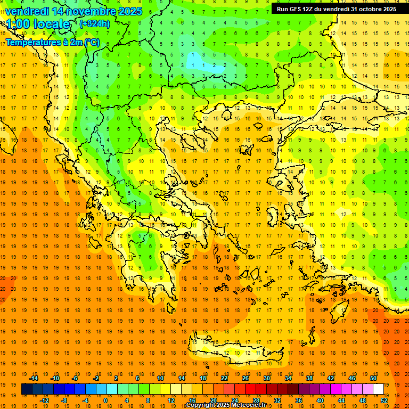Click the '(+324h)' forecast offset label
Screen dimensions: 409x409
click(95, 24)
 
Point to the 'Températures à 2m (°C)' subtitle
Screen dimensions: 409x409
click(52, 42)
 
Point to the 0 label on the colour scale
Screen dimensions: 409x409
click(105, 400)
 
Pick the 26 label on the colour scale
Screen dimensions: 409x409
click(246, 378)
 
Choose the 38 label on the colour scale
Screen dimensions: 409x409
click(309, 378)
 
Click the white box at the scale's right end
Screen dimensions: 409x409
click(378, 389)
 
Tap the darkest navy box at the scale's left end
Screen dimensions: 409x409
click(27, 389)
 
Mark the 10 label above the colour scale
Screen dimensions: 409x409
click(160, 378)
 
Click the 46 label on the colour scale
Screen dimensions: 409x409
click(352, 378)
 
